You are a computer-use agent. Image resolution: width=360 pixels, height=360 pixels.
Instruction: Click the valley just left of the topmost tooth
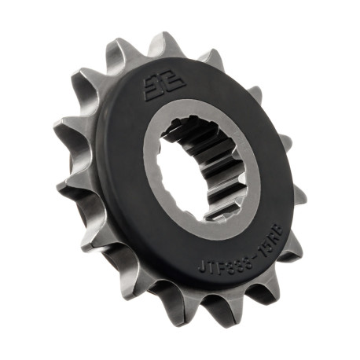[x=143, y=57]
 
